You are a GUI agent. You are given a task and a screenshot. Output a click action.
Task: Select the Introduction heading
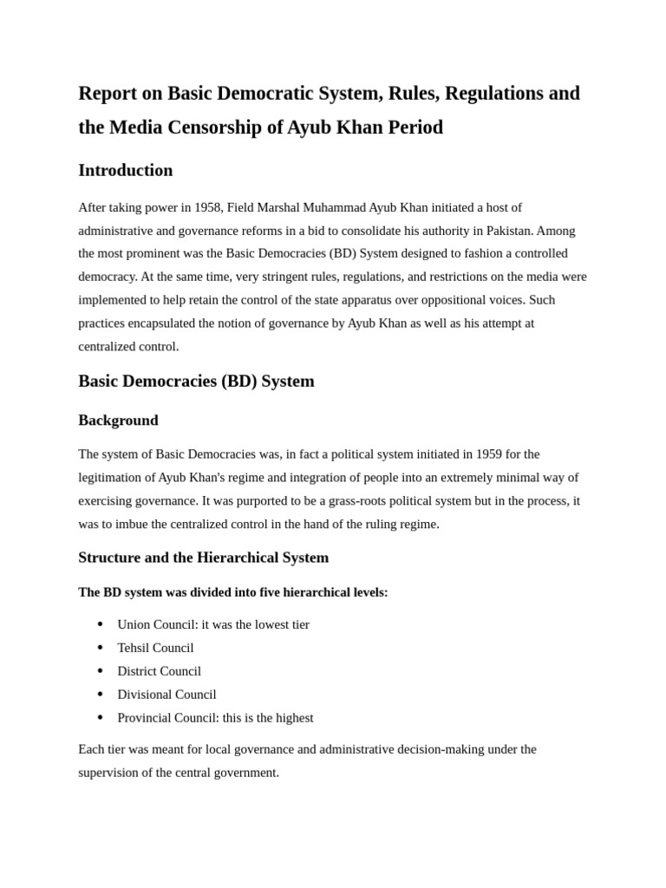[x=126, y=170]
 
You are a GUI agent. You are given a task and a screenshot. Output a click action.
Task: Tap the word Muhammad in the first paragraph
[x=333, y=207]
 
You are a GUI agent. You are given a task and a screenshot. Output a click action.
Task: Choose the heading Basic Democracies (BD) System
[x=196, y=381]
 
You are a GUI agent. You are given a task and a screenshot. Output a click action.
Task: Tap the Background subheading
[x=118, y=421]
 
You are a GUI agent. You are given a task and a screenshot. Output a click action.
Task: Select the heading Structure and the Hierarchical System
[x=203, y=558]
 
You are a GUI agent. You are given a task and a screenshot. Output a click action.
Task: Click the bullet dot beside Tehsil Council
[x=101, y=648]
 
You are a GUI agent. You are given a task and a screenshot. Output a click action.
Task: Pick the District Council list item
[x=159, y=671]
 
